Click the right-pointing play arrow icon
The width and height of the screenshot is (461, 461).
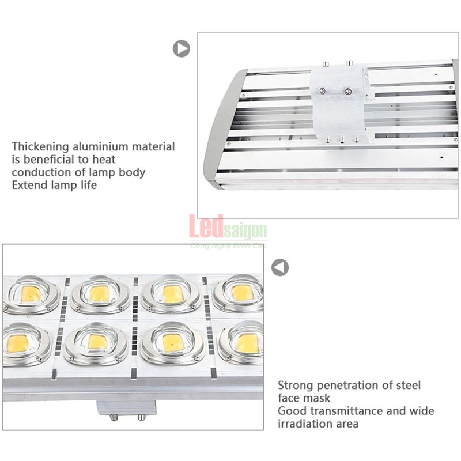click(182, 48)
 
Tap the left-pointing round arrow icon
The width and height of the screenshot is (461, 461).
click(280, 267)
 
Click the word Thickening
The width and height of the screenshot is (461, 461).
click(40, 147)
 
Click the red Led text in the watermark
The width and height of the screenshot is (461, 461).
click(206, 226)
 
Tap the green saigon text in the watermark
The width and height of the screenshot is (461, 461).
click(245, 231)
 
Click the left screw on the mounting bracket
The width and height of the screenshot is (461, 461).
click(323, 91)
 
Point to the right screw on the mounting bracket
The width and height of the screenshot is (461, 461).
click(348, 91)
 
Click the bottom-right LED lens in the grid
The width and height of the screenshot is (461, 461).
click(241, 342)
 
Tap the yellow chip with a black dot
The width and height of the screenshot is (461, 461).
click(171, 343)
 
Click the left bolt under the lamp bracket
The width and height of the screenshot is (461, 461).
click(114, 417)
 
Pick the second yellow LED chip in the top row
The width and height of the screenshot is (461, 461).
click(99, 293)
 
